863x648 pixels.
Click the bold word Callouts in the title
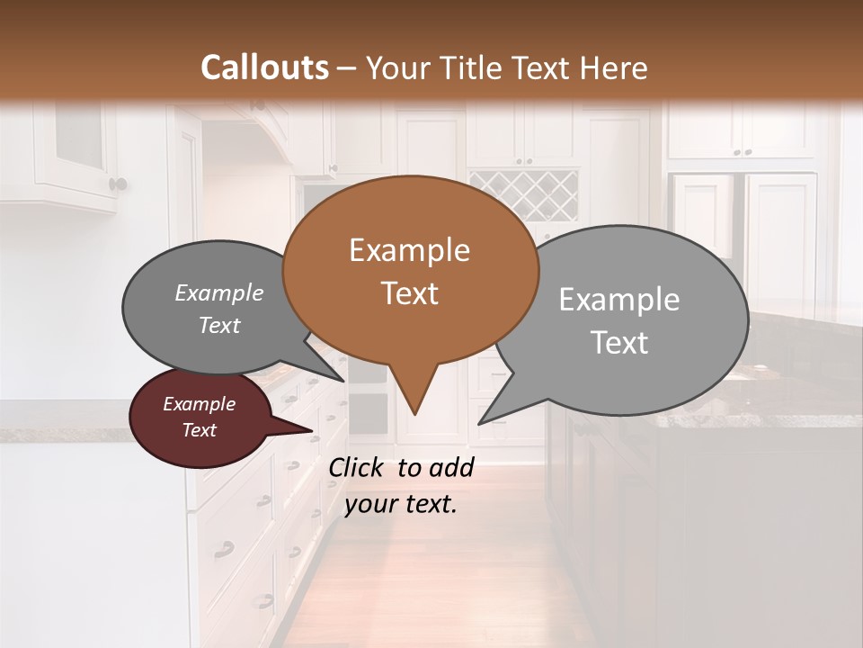click(x=264, y=67)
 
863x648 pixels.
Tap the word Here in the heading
click(x=614, y=67)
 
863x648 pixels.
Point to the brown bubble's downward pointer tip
click(x=414, y=414)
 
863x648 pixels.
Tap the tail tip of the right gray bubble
click(x=480, y=422)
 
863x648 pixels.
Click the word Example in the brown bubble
click(x=409, y=250)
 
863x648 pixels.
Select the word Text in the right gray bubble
click(x=619, y=343)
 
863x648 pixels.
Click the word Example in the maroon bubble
click(x=200, y=405)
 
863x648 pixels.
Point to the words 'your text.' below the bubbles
click(x=401, y=504)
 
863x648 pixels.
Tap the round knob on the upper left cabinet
click(x=118, y=184)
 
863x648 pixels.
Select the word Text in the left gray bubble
click(x=219, y=326)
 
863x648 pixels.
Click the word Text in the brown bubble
click(x=410, y=293)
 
